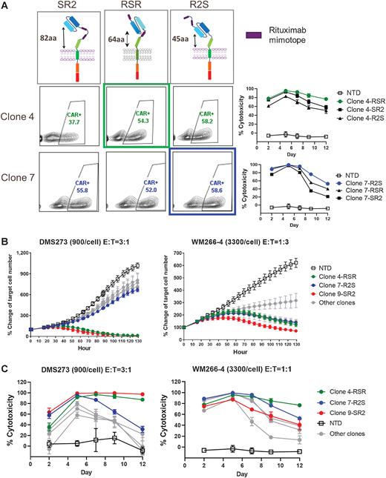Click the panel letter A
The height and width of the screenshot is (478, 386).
tap(5, 5)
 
